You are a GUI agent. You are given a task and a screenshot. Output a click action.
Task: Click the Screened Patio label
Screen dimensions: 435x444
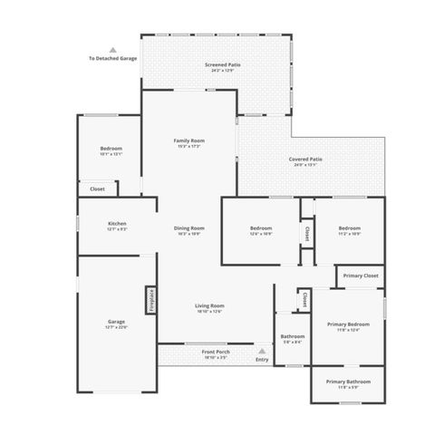click(x=221, y=65)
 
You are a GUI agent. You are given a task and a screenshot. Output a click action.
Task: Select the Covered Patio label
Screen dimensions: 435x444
click(x=305, y=160)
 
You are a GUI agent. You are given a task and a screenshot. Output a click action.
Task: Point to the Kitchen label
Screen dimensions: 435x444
click(x=117, y=224)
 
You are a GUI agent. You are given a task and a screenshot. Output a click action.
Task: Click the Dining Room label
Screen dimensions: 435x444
click(x=189, y=229)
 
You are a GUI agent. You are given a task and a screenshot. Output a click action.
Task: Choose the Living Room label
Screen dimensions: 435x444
click(x=209, y=307)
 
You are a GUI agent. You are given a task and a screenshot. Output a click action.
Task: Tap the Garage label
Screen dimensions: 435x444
click(x=116, y=322)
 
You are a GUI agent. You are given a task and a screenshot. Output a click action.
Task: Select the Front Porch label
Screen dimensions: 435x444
click(x=216, y=352)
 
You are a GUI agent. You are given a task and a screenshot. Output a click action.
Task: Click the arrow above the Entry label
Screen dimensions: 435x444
click(x=262, y=350)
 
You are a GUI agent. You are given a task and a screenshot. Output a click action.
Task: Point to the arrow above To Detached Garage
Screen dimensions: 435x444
click(x=112, y=51)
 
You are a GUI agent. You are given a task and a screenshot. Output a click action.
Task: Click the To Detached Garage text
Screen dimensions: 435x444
click(x=112, y=59)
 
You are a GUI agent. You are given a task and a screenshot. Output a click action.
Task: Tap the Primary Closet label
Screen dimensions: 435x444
click(x=360, y=275)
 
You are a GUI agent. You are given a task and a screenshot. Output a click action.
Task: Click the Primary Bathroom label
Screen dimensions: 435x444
click(x=348, y=382)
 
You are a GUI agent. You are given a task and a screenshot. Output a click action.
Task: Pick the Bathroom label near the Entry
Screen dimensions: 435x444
click(x=293, y=337)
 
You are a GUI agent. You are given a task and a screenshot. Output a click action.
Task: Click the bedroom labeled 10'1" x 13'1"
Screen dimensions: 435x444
click(x=111, y=150)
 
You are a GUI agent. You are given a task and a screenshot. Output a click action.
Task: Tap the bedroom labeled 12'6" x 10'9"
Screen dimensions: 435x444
click(x=261, y=229)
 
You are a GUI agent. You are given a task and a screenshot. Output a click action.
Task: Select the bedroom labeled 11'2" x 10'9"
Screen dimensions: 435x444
click(x=350, y=229)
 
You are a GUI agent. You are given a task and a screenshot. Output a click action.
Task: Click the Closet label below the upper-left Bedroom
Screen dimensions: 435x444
click(x=97, y=188)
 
